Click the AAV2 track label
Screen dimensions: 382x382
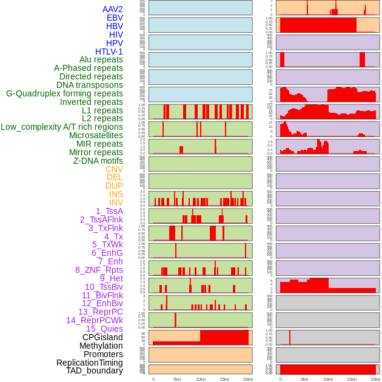click(113, 9)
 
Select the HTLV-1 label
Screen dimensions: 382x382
click(109, 52)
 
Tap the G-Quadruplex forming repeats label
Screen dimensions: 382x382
click(64, 93)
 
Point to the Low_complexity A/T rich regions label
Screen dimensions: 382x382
click(62, 127)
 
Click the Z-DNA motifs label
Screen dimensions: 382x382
click(98, 161)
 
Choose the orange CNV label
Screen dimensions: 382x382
click(114, 169)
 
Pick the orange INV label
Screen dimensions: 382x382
click(116, 203)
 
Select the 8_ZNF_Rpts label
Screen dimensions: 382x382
click(99, 270)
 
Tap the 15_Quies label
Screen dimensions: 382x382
click(104, 329)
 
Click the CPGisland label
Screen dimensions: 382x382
click(102, 337)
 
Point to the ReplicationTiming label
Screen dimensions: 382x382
click(89, 363)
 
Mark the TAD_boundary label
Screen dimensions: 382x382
click(95, 370)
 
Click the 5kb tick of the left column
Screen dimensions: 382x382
click(177, 379)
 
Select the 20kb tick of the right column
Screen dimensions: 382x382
click(375, 379)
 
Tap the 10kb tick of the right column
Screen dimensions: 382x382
click(328, 379)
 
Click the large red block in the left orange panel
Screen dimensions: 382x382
click(224, 337)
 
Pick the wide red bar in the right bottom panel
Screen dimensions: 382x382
click(327, 369)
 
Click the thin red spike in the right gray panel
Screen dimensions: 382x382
click(290, 337)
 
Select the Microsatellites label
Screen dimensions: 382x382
click(96, 135)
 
